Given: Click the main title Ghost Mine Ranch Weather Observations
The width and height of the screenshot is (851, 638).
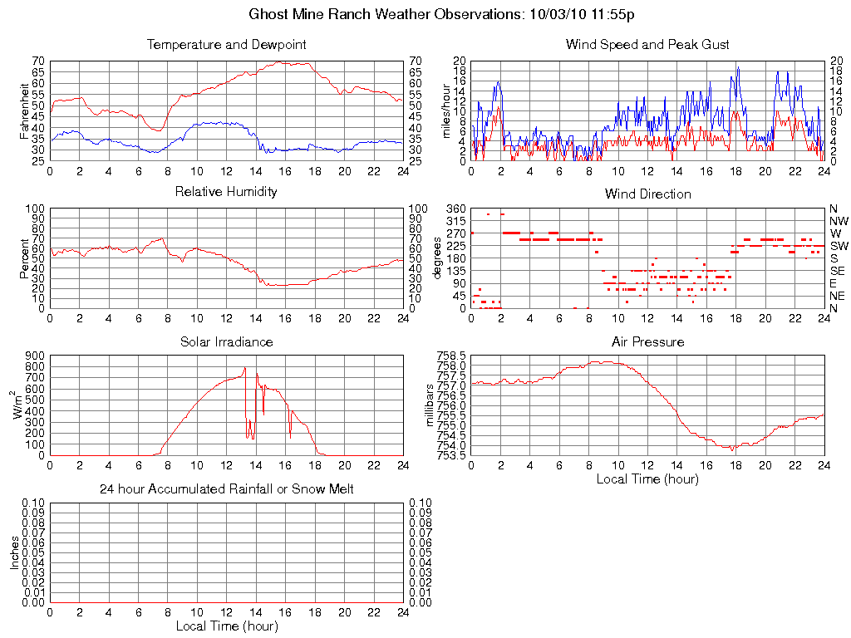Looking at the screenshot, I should point(442,14).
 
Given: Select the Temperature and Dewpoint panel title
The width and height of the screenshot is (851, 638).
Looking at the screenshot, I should point(226,44).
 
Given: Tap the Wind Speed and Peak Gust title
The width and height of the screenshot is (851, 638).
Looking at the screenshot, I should point(647,44).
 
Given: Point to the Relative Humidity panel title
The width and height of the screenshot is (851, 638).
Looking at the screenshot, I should point(226,192).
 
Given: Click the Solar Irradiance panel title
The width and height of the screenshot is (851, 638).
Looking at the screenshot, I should point(226,341).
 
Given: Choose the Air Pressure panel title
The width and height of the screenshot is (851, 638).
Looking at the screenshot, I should point(647,341).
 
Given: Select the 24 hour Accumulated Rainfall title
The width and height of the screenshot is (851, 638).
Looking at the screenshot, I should point(226,489).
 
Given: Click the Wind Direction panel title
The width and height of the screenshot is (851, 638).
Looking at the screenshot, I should point(647,194).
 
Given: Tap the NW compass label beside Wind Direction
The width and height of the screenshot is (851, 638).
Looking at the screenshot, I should point(839,221).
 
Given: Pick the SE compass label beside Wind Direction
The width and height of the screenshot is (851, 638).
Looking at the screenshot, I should point(838,271).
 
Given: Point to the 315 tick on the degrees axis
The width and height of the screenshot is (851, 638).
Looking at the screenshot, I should point(454,221).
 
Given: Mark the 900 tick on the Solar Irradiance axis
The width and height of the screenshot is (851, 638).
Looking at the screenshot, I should point(33,356).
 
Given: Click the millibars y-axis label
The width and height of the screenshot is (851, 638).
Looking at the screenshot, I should point(430,405).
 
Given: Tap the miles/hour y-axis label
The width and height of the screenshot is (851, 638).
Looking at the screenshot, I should point(445,110).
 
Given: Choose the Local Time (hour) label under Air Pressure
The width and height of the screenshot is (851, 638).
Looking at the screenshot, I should point(647,478).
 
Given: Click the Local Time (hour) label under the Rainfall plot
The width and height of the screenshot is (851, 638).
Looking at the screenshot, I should point(226,626).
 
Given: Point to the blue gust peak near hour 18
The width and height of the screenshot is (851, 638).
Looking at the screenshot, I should point(737,67).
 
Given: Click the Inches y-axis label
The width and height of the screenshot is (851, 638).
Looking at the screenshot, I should point(14,552).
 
